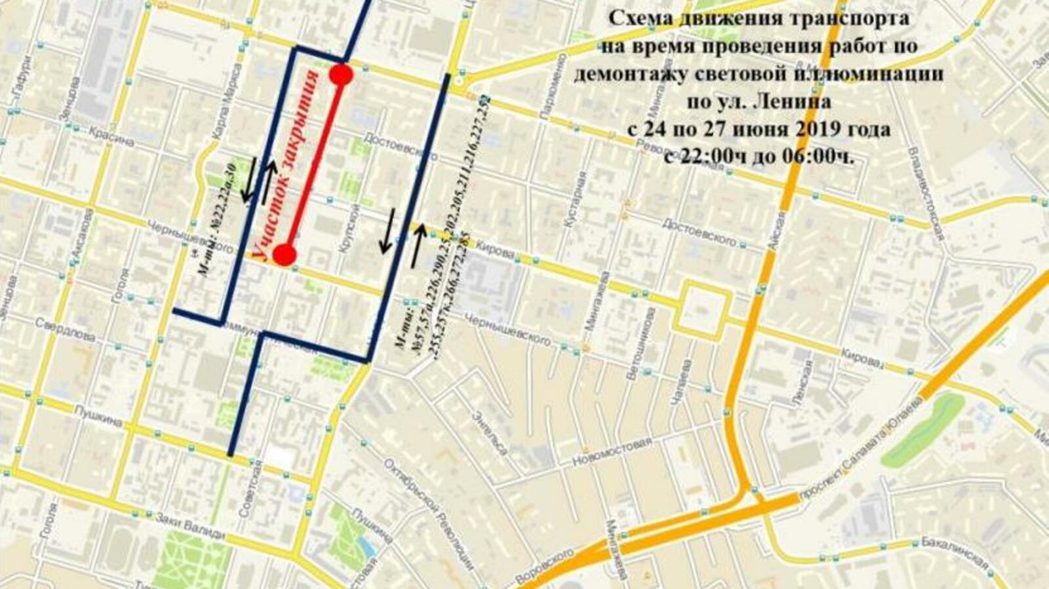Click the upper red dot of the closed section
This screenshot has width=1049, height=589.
[341, 75]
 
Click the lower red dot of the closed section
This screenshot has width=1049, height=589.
[284, 255]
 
